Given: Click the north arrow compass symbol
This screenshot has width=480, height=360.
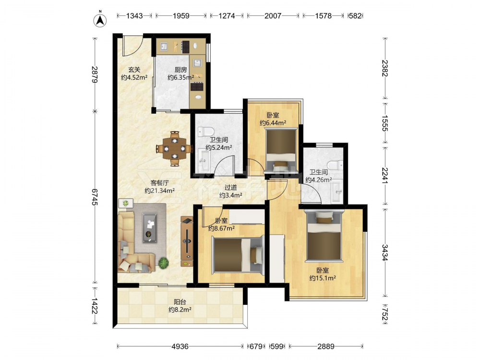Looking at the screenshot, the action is pos(100,20).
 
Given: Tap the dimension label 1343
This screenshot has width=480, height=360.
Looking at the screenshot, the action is pos(134,16).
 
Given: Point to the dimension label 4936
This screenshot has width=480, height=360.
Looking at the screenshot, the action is pos(180,346).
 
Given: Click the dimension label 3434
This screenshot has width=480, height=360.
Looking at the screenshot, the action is pos(385,252).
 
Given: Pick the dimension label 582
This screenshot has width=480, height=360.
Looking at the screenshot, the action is pos(355,16).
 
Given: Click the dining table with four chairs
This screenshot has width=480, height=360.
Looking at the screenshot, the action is pos(175,149).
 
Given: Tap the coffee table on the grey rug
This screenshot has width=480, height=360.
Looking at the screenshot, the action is pos(149,228).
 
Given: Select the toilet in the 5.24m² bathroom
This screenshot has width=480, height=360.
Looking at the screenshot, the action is pos(205,132).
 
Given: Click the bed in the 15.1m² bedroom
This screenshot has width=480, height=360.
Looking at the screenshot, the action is pos(324,237).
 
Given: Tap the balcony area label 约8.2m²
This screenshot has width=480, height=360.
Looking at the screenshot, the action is pos(180,310).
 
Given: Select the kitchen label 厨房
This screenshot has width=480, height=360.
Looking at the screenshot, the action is pos(180,70).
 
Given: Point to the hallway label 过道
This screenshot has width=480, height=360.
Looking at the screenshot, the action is pos(230,187).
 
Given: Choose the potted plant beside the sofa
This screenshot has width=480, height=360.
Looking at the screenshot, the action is pos(164,263).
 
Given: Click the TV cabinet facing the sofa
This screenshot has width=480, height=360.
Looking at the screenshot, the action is pos(187,241).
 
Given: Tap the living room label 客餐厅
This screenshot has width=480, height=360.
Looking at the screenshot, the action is pos(159,183).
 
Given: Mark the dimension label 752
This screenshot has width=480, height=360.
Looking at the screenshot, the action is pos(385,314).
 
